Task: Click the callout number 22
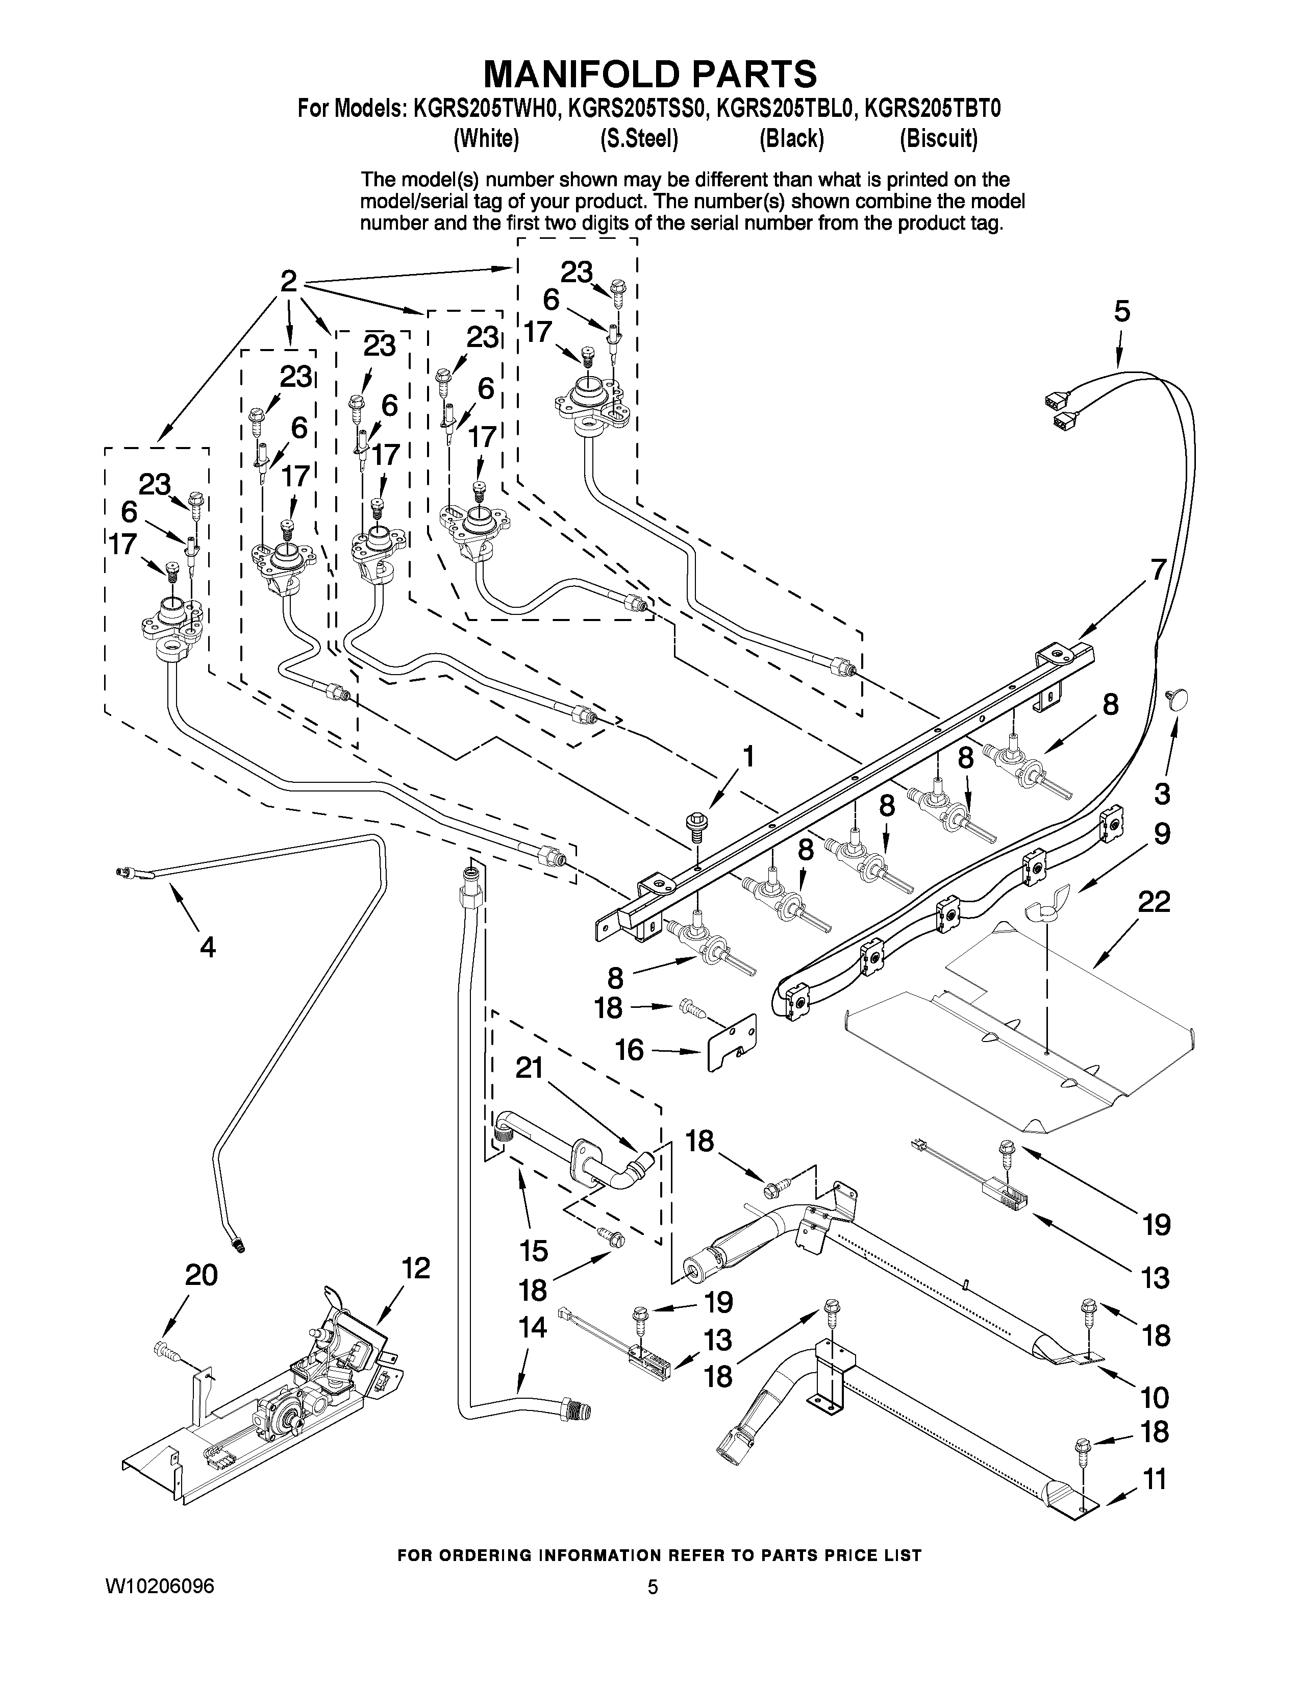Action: [x=1154, y=902]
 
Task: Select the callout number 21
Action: [x=530, y=1068]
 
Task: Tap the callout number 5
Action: [x=1121, y=312]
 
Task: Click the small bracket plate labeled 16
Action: [x=732, y=1043]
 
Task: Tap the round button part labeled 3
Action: [x=1178, y=699]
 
